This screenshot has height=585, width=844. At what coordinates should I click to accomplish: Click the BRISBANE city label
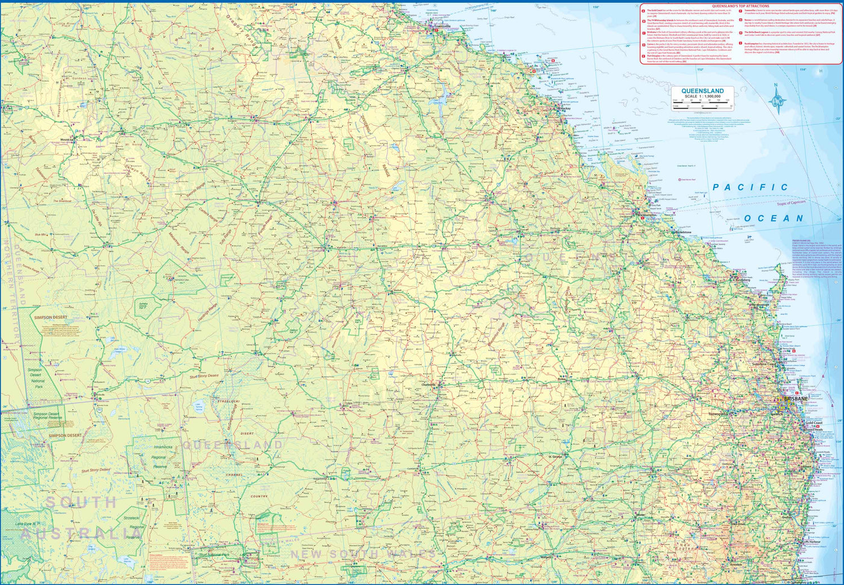(x=796, y=399)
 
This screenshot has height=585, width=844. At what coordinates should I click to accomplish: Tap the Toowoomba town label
(x=717, y=414)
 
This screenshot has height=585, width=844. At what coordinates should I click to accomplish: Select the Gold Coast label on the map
(x=814, y=423)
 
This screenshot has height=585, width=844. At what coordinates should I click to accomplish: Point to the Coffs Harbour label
(x=811, y=542)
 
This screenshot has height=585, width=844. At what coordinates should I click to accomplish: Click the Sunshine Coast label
(x=764, y=364)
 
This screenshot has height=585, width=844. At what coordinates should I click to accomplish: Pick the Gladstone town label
(x=684, y=232)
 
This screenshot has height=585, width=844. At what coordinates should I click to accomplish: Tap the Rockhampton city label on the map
(x=647, y=215)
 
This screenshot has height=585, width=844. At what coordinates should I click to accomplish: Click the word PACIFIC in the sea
(x=750, y=187)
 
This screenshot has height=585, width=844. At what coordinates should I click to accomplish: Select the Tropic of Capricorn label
(x=791, y=202)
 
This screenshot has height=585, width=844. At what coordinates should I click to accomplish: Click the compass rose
(x=778, y=100)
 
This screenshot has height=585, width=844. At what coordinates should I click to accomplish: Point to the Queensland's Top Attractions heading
(x=740, y=6)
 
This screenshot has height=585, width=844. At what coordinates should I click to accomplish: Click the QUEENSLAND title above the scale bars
(x=702, y=91)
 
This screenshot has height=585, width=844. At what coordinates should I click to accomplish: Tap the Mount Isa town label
(x=66, y=139)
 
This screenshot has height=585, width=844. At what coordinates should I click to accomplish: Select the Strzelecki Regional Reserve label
(x=134, y=527)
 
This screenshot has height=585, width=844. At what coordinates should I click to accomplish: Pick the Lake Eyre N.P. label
(x=27, y=524)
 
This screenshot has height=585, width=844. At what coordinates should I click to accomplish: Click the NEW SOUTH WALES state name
(x=363, y=554)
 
